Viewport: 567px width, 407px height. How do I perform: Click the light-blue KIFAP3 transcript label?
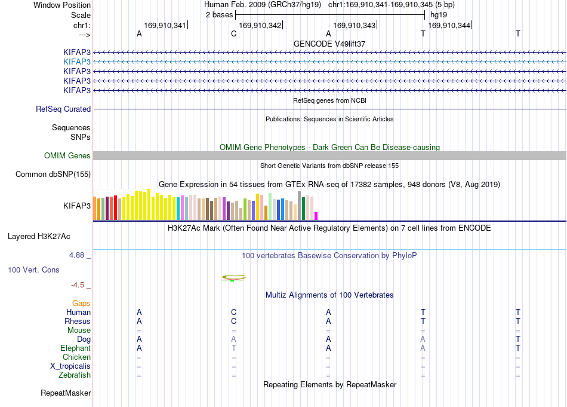(76, 62)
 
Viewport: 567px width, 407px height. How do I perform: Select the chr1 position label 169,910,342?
(260, 25)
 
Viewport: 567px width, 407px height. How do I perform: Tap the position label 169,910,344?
(449, 25)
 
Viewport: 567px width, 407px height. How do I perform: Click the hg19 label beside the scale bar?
(438, 15)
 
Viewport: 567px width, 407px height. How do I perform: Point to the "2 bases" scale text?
(220, 15)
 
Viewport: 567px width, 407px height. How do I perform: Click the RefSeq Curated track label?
(63, 109)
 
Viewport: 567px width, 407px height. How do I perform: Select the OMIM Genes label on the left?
(67, 156)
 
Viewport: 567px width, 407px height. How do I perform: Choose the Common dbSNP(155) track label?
(53, 174)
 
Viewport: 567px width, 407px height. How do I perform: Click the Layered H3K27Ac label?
(39, 237)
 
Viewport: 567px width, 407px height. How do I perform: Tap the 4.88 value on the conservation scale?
(77, 255)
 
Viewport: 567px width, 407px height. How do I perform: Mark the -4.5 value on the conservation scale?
(78, 285)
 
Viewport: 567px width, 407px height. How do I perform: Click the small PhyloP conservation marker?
(233, 278)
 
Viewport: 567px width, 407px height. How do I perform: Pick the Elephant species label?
(76, 348)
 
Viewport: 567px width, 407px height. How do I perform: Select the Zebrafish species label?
(75, 375)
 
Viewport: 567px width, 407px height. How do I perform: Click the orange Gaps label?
(81, 303)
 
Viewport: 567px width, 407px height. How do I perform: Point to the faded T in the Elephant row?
(233, 348)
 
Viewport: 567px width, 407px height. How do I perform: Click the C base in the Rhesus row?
(233, 321)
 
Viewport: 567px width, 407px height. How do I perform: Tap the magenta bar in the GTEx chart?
(316, 216)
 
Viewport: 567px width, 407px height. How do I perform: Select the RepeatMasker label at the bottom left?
(66, 393)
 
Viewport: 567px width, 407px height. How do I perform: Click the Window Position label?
(62, 5)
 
